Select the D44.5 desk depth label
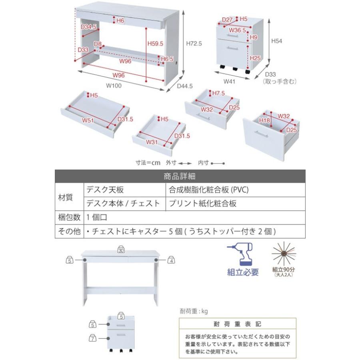[x=185, y=85]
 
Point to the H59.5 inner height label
[x=155, y=43]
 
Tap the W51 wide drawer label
[x=88, y=120]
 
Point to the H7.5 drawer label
[x=218, y=93]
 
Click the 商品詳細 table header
[x=180, y=176]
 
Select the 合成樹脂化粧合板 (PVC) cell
[x=209, y=190]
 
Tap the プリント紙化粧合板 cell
[x=202, y=203]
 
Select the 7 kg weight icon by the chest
[x=93, y=338]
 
